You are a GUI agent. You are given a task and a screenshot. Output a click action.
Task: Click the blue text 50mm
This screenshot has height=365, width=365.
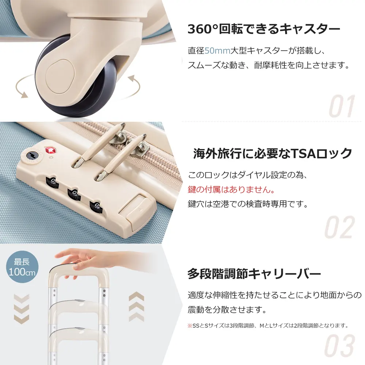217,50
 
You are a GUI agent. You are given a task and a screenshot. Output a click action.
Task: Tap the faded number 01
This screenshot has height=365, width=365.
342,106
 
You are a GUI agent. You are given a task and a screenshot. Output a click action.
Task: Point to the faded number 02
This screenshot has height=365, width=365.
340,227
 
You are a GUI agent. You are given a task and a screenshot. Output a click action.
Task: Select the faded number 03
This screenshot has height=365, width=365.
340,345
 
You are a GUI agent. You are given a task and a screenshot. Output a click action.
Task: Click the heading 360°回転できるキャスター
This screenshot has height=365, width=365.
264,29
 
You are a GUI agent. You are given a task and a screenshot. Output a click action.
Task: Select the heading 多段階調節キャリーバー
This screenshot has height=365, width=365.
254,274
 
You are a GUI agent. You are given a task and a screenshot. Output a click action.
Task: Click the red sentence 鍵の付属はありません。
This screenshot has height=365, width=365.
231,190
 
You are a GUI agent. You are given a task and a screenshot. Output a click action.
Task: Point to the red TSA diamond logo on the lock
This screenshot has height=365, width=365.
50,151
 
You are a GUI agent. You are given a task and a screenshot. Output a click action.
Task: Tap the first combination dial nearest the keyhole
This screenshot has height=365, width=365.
52,183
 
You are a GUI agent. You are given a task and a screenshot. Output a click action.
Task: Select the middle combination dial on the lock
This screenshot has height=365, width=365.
74,195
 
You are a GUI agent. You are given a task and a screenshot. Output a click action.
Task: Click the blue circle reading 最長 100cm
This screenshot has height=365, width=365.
22,267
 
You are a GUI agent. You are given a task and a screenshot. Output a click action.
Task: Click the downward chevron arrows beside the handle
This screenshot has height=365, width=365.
22,309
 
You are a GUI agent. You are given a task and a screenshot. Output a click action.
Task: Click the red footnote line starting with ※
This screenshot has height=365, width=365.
268,326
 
